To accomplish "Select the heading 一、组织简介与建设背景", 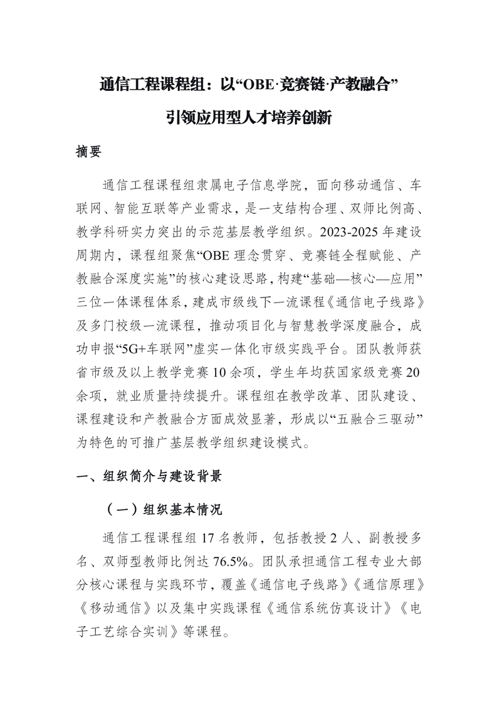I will click(x=149, y=477).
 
